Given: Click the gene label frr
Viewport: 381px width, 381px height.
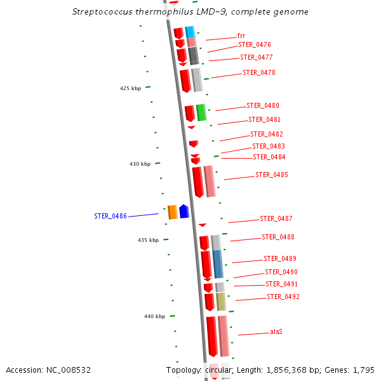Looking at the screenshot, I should [241, 36].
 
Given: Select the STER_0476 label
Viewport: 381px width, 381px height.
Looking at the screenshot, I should [255, 44].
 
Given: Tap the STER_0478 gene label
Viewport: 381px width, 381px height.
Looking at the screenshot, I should [259, 72].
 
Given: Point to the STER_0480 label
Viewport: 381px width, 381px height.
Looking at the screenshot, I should [263, 105].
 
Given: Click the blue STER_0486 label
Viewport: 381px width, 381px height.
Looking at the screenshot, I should [110, 216].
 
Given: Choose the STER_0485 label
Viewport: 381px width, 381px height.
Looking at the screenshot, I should [272, 175].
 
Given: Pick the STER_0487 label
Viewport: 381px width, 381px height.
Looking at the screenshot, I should [276, 218].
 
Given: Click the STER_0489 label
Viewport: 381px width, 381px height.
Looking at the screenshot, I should [280, 258].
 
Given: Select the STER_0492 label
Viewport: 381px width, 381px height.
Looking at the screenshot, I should [283, 297].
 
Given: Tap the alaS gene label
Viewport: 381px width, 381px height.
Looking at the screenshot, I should [276, 331].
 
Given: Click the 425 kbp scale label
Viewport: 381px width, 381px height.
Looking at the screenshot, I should [130, 88].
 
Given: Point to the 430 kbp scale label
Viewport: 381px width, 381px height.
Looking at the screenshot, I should [140, 164].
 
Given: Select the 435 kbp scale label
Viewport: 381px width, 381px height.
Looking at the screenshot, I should [148, 240].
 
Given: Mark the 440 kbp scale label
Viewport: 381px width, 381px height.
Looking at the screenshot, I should [154, 316].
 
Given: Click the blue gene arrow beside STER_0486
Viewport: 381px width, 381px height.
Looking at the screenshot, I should [184, 211].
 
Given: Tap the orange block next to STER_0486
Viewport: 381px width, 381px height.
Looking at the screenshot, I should [172, 212].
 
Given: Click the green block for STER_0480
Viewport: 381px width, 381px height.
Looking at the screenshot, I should [201, 112].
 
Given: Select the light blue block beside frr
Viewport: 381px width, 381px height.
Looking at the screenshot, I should [189, 32].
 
